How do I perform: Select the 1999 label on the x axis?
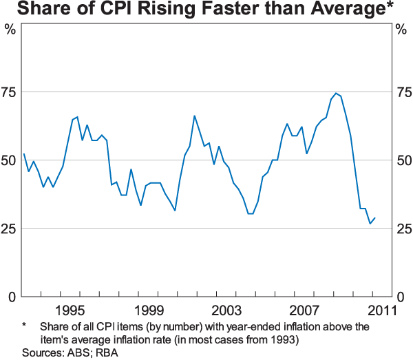coord(149,310)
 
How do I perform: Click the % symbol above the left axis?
coord(10,30)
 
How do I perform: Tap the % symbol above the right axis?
coord(402,30)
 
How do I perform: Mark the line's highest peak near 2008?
coord(336,94)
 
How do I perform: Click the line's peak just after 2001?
coord(194,116)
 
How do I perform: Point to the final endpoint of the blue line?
coord(375,218)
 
